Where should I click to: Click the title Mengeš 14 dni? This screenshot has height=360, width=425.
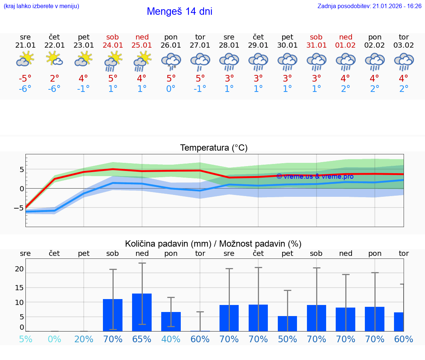pyautogui.click(x=179, y=11)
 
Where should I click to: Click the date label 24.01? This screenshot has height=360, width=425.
pyautogui.click(x=113, y=45)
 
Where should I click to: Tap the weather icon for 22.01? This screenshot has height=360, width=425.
pyautogui.click(x=54, y=59)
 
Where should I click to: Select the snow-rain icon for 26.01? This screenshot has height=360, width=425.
pyautogui.click(x=171, y=61)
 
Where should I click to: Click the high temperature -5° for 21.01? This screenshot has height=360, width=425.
pyautogui.click(x=25, y=79)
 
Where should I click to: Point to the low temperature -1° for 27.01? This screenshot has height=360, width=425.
pyautogui.click(x=200, y=89)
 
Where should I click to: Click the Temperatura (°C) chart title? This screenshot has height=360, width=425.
pyautogui.click(x=214, y=148)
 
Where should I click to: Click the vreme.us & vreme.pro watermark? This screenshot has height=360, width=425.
pyautogui.click(x=315, y=176)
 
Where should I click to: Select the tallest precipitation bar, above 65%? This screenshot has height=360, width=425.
pyautogui.click(x=142, y=312)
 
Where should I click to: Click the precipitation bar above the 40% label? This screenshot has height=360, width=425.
pyautogui.click(x=171, y=321)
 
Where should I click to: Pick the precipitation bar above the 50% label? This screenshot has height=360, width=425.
pyautogui.click(x=287, y=323)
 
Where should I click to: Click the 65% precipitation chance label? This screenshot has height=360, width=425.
pyautogui.click(x=142, y=339)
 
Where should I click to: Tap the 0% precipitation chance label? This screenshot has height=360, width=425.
pyautogui.click(x=54, y=339)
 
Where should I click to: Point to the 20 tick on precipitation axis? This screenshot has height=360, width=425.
pyautogui.click(x=19, y=269)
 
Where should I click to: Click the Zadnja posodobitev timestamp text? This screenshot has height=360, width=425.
pyautogui.click(x=369, y=6)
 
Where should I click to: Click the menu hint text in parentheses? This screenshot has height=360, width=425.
pyautogui.click(x=41, y=6)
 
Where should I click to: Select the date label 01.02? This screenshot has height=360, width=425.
pyautogui.click(x=346, y=45)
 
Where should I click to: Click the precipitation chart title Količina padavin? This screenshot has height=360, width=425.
pyautogui.click(x=213, y=244)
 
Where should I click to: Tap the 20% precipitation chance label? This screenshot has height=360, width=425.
pyautogui.click(x=84, y=339)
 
